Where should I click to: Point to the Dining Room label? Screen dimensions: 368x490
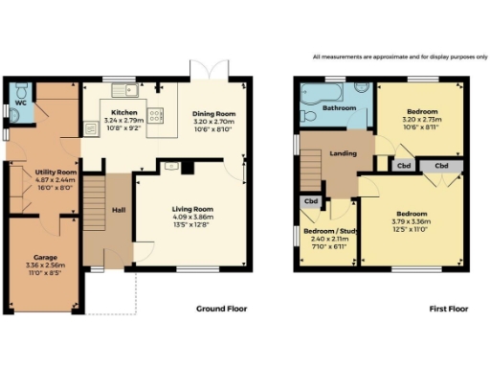(214, 114)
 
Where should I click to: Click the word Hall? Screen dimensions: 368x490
(118, 210)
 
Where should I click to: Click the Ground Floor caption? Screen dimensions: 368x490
(222, 309)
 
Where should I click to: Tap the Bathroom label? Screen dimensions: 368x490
(339, 108)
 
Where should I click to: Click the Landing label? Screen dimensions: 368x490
(343, 153)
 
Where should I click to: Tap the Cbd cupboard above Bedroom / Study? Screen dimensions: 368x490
(311, 201)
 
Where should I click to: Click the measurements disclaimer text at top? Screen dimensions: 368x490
(393, 57)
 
